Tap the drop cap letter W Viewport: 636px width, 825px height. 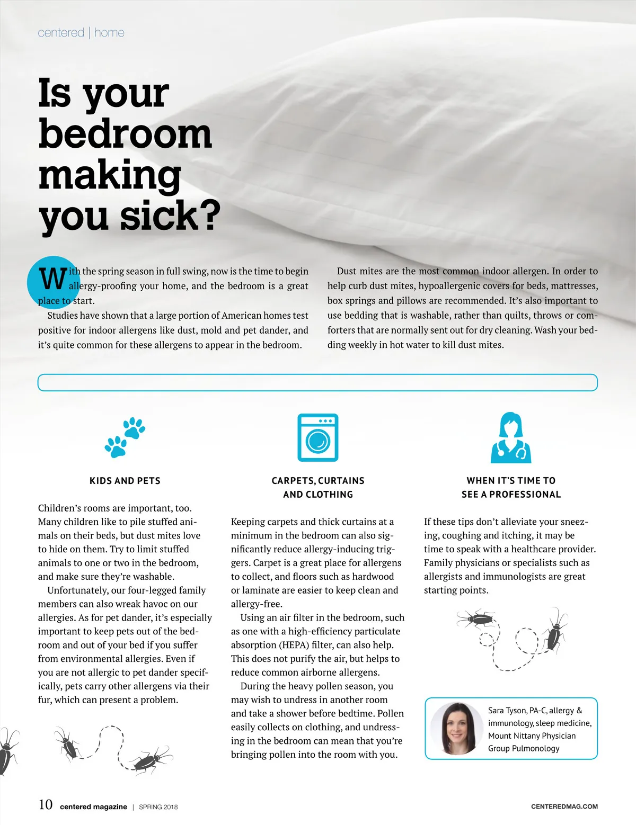53,279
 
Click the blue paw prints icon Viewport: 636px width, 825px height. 125,437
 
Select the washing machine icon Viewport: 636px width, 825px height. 318,437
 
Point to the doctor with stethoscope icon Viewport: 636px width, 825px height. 511,437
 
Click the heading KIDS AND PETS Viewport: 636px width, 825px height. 125,481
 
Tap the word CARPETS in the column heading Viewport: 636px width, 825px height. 291,481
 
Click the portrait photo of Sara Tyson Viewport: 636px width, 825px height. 456,729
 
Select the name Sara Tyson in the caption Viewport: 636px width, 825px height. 507,711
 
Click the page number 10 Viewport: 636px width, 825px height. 46,805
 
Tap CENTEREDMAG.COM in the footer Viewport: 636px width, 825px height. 564,806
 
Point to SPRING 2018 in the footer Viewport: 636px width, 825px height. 158,807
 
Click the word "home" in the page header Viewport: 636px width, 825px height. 109,33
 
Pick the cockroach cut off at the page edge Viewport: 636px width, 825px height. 7,752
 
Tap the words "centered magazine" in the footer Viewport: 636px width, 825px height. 93,807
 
